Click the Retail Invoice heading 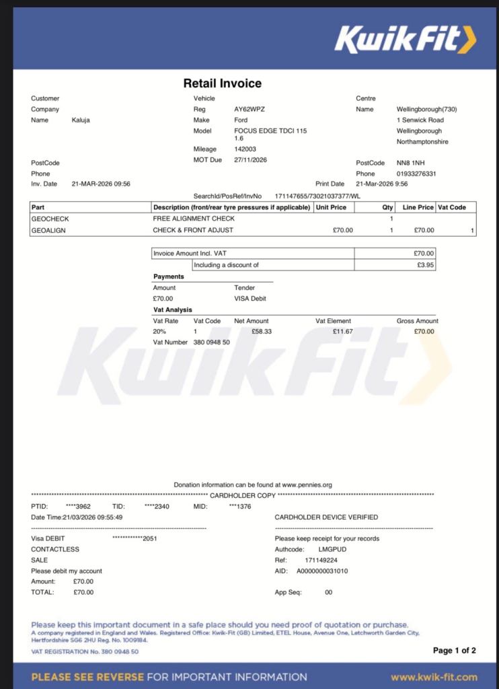coord(222,83)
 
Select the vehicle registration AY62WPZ coord(249,109)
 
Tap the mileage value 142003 coord(245,149)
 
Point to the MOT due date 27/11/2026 coord(250,159)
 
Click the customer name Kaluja coord(81,120)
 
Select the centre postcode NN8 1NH coord(410,163)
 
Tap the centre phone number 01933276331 coord(416,174)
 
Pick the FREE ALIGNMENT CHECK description coord(194,219)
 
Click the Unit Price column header coord(331,207)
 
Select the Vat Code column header coord(452,207)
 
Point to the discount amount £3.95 coord(426,265)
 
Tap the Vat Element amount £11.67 coord(342,331)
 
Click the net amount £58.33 coord(261,331)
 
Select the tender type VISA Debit coord(251,298)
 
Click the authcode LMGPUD coord(332,549)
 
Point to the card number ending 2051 coord(135,538)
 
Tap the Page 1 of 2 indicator coord(454,650)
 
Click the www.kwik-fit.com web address coord(434,677)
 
